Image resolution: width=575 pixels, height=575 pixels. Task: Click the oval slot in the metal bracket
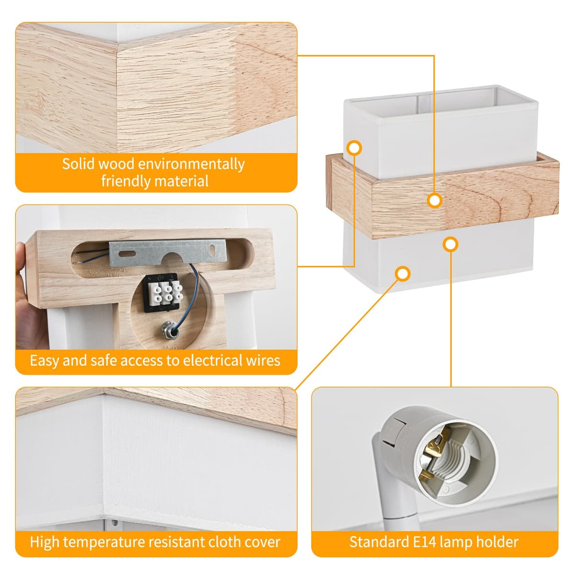tap(127, 254)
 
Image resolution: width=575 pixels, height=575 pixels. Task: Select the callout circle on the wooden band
tap(435, 200)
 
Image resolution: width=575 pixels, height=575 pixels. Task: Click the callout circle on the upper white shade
tap(354, 148)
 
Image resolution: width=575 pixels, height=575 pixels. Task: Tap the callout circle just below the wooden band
tap(450, 244)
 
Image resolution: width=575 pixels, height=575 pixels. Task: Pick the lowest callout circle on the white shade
tap(402, 274)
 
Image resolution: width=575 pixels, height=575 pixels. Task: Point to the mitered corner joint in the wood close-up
tap(117, 95)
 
